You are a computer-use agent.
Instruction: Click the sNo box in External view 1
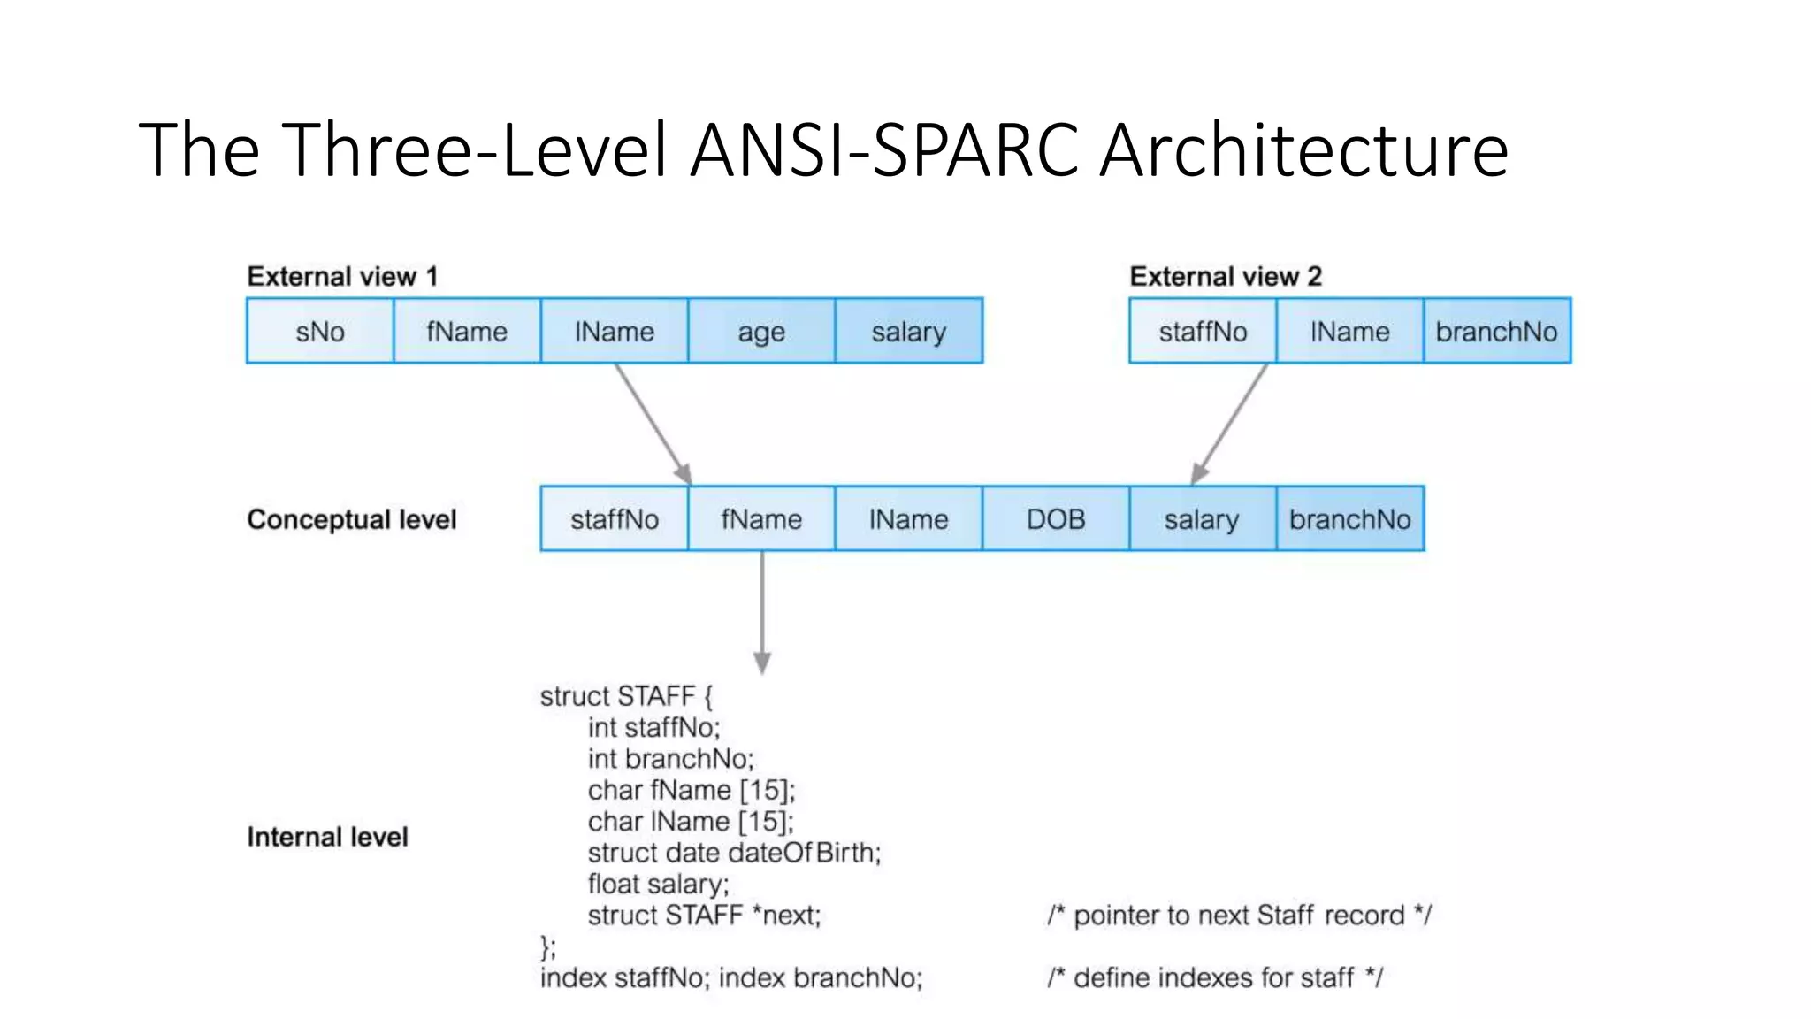320,332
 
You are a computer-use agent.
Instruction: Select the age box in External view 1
761,332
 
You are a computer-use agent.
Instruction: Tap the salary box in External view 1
908,332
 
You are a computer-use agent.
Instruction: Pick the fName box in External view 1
467,332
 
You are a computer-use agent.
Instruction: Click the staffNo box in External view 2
1203,332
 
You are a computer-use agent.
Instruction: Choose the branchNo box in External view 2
1496,332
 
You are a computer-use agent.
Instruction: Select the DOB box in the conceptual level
1055,519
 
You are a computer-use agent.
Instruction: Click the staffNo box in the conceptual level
615,519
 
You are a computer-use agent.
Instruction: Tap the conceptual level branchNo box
1349,519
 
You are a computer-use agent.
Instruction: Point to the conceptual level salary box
1202,519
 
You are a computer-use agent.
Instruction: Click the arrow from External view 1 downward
653,424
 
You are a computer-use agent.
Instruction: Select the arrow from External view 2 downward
1230,424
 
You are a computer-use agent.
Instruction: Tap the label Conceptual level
352,519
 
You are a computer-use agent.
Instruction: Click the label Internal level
327,837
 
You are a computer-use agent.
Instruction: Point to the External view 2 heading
1226,277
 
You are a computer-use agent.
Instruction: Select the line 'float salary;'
658,884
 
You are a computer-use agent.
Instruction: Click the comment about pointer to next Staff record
1239,915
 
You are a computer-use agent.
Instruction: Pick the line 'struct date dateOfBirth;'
734,853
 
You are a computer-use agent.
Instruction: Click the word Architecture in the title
1304,150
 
